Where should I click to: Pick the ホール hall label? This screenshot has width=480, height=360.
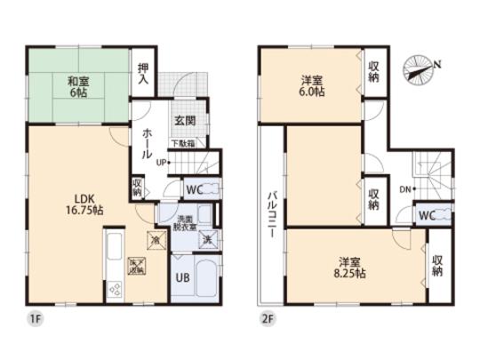click(x=148, y=141)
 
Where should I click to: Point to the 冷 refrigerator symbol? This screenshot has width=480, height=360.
click(x=154, y=239)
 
